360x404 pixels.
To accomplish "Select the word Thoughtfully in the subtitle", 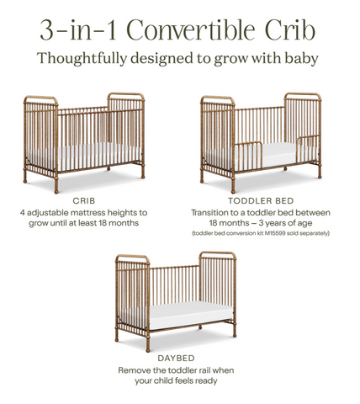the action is pos(82,59).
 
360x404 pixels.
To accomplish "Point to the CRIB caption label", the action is pos(84,201).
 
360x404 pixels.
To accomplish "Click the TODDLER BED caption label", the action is pos(261,201).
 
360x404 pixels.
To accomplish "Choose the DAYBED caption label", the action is pos(176,359).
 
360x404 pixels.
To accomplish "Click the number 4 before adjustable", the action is pos(23,213).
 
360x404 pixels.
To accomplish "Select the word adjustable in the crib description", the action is pos(48,213).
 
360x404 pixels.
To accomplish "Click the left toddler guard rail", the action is pos(247,155).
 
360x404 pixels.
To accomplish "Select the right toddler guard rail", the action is pos(308,149).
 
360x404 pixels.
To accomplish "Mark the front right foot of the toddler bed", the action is pos(320,173).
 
